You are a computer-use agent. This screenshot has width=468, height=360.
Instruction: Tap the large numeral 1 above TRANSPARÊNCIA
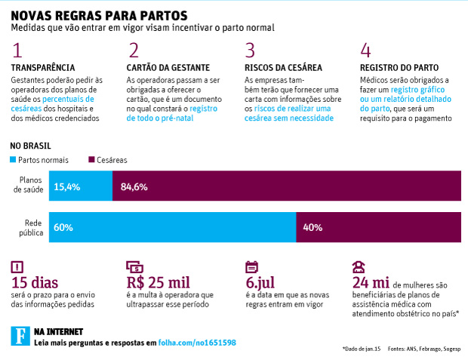(18, 51)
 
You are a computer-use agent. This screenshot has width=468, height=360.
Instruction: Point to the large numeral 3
(250, 51)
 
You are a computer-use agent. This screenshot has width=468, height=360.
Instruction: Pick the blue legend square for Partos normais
(13, 159)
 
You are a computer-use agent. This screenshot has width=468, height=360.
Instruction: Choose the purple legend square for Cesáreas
(91, 159)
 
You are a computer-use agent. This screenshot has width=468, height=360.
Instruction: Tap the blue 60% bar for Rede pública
(172, 226)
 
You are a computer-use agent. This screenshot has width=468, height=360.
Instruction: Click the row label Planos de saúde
(28, 186)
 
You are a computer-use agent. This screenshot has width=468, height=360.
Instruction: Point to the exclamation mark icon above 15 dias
(18, 266)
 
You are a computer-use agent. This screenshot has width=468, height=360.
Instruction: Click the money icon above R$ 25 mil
(135, 266)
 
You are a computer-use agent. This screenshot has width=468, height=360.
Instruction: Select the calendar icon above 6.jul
(252, 266)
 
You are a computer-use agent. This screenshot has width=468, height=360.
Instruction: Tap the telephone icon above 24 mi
(359, 266)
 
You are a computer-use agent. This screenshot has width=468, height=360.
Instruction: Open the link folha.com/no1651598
(197, 342)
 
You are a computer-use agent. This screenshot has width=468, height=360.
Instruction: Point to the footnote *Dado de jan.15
(362, 349)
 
